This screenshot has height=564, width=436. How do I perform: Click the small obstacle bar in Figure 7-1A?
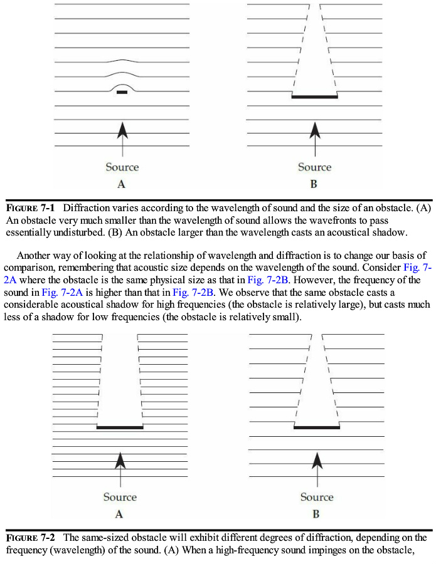pyautogui.click(x=122, y=92)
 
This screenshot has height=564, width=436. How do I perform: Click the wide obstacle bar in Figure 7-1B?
pyautogui.click(x=315, y=97)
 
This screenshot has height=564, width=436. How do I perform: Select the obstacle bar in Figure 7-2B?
pyautogui.click(x=317, y=427)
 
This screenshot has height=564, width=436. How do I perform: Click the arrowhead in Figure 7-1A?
pyautogui.click(x=122, y=130)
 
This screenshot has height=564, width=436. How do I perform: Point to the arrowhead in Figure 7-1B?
pyautogui.click(x=315, y=130)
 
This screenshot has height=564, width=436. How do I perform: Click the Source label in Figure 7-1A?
pyautogui.click(x=122, y=167)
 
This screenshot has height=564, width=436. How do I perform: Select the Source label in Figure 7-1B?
pyautogui.click(x=314, y=167)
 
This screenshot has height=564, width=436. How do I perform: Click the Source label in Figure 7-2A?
pyautogui.click(x=120, y=497)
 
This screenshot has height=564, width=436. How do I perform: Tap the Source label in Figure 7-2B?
pyautogui.click(x=317, y=497)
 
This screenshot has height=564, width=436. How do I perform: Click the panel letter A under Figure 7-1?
pyautogui.click(x=122, y=184)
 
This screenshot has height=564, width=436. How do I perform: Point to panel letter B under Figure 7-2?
pyautogui.click(x=316, y=514)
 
